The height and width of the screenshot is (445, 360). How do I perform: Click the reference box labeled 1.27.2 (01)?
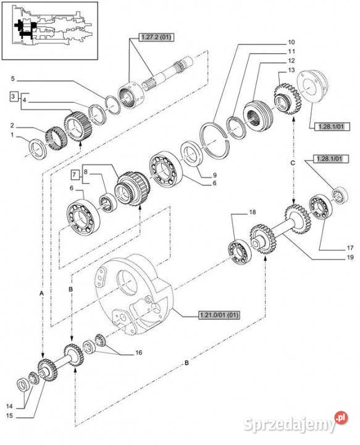156,37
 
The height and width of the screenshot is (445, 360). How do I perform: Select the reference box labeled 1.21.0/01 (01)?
219,315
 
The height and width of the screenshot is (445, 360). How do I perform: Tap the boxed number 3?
13,96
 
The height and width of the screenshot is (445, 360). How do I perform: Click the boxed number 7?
75,174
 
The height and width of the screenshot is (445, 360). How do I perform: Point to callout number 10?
291,42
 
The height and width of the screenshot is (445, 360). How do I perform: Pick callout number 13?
291,70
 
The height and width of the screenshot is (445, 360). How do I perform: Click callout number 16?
138,352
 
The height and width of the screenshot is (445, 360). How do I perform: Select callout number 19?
350,257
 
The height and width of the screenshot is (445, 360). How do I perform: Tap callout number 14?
9,407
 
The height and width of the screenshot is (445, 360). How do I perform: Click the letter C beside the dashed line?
293,163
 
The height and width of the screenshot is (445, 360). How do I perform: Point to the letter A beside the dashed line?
41,294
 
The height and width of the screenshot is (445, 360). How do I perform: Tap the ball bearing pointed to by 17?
320,208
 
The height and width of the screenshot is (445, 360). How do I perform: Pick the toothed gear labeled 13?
287,100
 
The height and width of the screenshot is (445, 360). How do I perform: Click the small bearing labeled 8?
107,202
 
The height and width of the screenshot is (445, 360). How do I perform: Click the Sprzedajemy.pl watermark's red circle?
341,418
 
